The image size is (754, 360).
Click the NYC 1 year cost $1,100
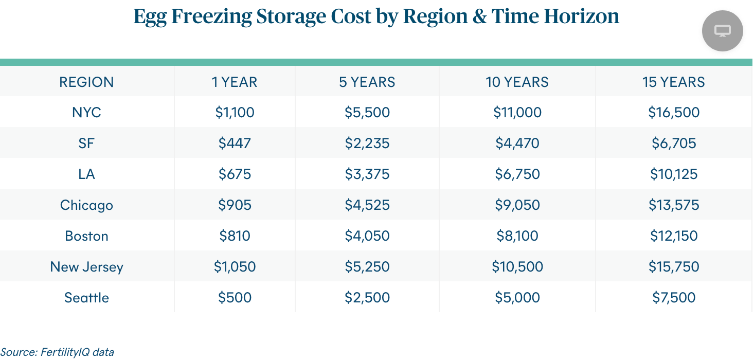coord(235,112)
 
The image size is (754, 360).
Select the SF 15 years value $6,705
coord(673,143)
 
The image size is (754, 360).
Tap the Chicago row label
coord(86,205)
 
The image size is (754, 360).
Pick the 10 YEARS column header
coord(517,82)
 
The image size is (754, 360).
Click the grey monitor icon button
coord(722,31)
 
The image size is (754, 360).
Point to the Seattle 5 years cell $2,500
coord(367,297)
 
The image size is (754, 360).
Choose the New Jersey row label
coord(86,266)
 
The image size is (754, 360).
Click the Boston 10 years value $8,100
coord(517,236)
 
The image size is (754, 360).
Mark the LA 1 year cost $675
coord(235,174)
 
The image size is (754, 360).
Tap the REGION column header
coord(86,82)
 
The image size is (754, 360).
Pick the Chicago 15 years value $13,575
coord(673,205)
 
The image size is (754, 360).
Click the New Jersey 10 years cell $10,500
coord(517,266)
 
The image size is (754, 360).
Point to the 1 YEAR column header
coord(235,82)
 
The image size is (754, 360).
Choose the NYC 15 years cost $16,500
coord(673,112)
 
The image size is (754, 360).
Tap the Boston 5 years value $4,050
coord(367,236)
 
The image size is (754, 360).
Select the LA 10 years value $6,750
coord(517,174)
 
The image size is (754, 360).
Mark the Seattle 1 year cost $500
coord(235,297)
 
